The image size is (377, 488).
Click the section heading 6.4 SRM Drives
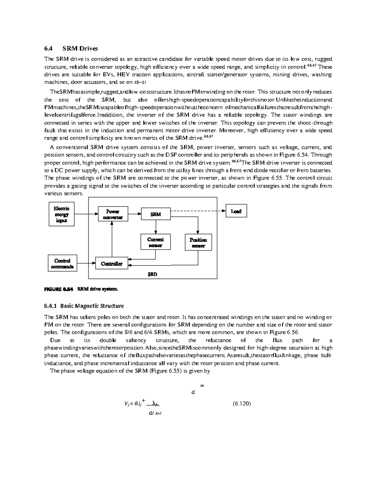[x=71, y=48]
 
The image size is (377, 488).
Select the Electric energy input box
[x=62, y=214]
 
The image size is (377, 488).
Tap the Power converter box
[x=113, y=214]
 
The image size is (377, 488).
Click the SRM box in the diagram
[x=156, y=214]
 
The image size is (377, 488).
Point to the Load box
[x=236, y=211]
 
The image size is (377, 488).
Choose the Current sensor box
[x=156, y=242]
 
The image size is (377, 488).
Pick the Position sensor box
[x=198, y=242]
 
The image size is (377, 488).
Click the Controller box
[x=112, y=264]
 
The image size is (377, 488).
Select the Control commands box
[x=62, y=264]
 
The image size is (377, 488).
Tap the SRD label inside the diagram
[x=152, y=274]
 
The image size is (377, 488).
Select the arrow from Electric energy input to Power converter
[x=86, y=214]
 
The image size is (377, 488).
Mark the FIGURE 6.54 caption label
[x=58, y=289]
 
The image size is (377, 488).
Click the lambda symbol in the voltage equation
[x=153, y=404]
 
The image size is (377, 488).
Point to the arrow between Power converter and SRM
[x=134, y=214]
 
